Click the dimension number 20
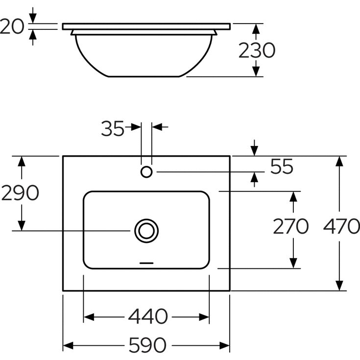coord(12,26)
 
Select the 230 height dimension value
coord(257,50)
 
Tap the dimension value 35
coord(113,128)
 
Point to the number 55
coord(282,167)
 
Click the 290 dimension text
coord(20,192)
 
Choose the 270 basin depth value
coord(290,226)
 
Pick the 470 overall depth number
coord(341,226)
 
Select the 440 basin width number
coord(148,316)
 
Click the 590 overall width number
coord(147,345)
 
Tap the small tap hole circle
coord(146,172)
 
